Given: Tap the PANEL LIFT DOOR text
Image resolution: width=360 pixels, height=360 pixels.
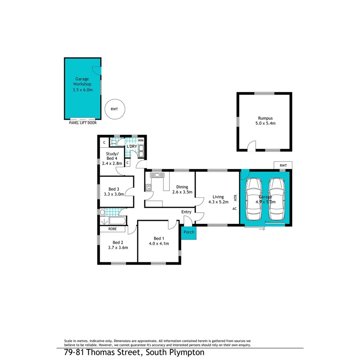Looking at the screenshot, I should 80,123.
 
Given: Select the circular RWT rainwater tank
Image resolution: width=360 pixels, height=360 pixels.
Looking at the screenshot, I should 114,109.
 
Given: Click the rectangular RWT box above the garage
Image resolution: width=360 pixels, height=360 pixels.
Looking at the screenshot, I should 283,166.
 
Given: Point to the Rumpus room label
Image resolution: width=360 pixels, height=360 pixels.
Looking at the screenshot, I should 264,121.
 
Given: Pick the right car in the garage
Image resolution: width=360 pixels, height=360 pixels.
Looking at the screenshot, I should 277,199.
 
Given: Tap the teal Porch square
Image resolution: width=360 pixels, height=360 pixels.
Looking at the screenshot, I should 188,233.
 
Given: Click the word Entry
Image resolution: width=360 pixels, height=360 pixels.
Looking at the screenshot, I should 186,212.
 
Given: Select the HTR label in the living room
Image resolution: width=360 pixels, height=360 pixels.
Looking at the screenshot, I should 235,198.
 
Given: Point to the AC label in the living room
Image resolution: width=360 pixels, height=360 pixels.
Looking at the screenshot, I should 234,209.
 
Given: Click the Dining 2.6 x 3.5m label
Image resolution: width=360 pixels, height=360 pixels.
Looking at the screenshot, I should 182,189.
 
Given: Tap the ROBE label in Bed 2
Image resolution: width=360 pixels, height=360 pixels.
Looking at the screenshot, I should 112,229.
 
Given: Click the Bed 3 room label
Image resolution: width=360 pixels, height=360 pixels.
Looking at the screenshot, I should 114,188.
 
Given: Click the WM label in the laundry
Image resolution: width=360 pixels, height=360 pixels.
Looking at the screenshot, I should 141,140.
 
